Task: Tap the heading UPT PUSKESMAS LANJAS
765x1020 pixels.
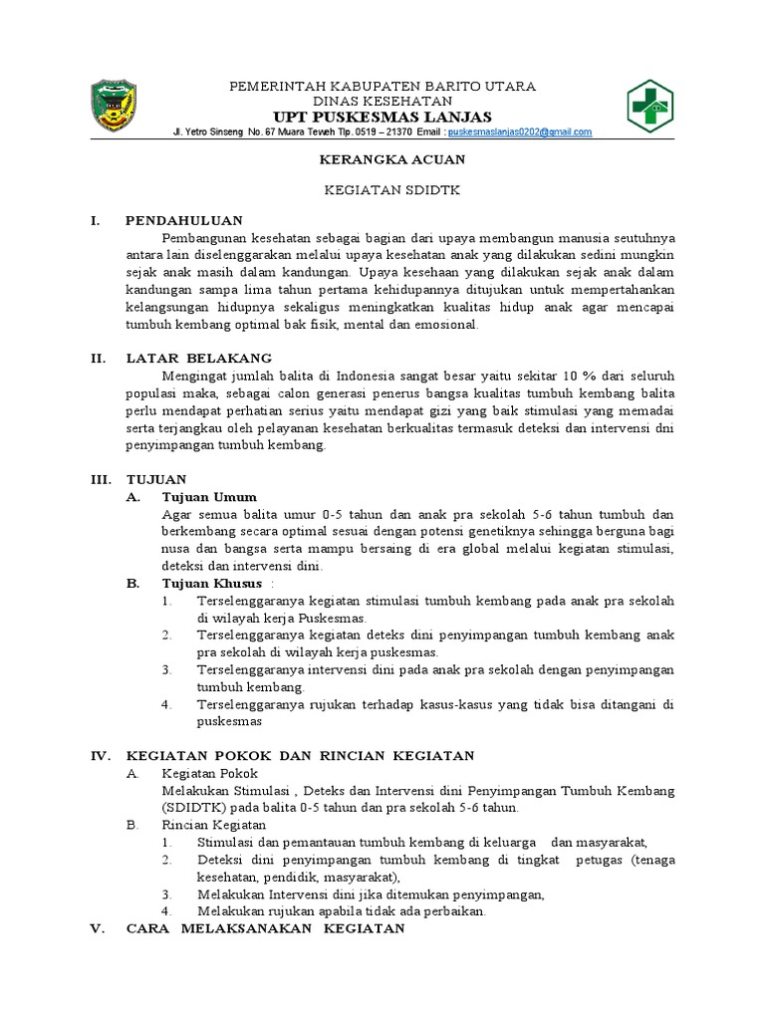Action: pos(382,117)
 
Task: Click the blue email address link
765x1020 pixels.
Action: pos(519,132)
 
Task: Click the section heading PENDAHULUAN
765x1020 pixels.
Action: pos(184,220)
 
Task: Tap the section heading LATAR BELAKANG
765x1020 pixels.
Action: pos(198,358)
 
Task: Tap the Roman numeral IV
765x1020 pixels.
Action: pos(101,756)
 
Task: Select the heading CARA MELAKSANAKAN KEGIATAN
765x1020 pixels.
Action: pos(265,929)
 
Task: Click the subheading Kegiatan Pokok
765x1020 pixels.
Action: pos(209,773)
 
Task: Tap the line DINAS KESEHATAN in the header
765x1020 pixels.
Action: pos(382,101)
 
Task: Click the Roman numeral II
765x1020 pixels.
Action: pos(99,358)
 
